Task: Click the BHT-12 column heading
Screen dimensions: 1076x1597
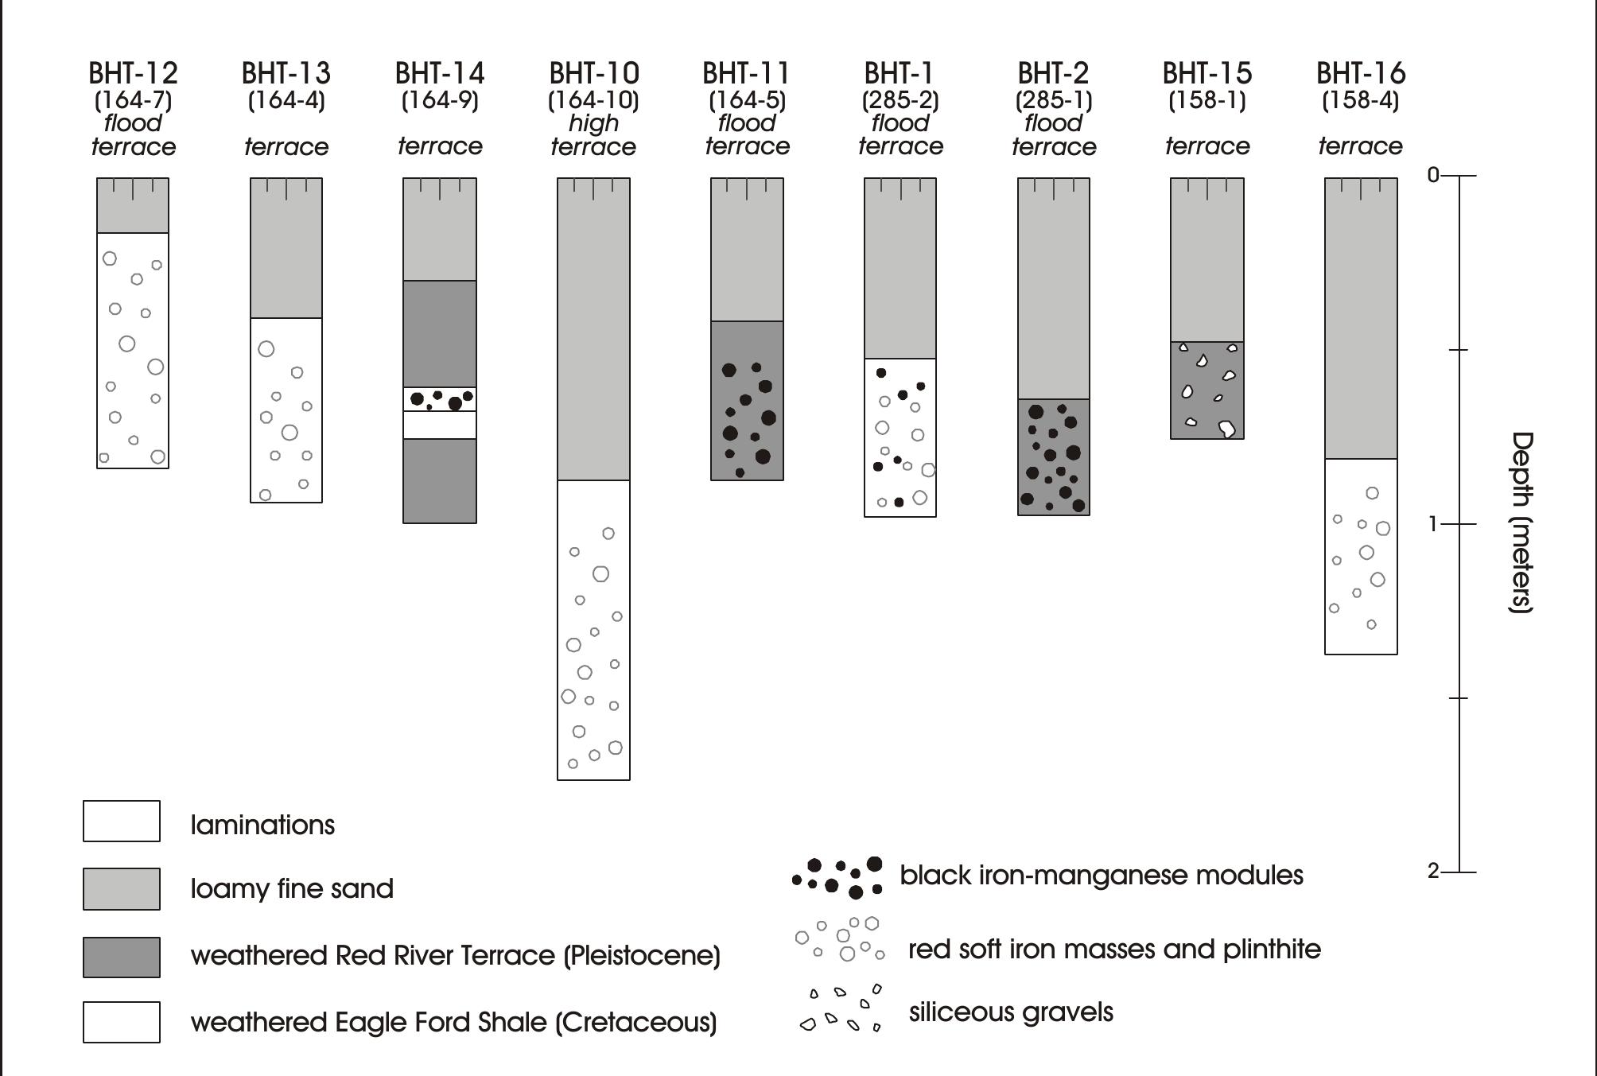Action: pyautogui.click(x=133, y=74)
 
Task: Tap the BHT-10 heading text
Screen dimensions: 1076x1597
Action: pyautogui.click(x=593, y=74)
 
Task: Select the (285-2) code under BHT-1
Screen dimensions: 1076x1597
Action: pyautogui.click(x=900, y=100)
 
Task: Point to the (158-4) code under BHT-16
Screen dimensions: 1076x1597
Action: pyautogui.click(x=1360, y=100)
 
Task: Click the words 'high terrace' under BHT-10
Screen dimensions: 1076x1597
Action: pyautogui.click(x=593, y=135)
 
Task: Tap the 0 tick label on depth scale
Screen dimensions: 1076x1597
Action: pyautogui.click(x=1433, y=175)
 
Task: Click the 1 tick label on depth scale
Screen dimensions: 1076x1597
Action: pyautogui.click(x=1433, y=524)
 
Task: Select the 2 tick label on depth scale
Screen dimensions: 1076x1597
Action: pyautogui.click(x=1433, y=872)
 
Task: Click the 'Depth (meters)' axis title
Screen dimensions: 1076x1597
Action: pyautogui.click(x=1521, y=522)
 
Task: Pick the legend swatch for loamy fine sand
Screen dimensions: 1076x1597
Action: pyautogui.click(x=122, y=888)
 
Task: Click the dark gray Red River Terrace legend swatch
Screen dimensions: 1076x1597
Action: pyautogui.click(x=122, y=956)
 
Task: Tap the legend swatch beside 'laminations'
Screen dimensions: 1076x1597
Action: pyautogui.click(x=122, y=821)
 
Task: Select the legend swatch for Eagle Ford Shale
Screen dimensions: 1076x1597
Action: pyautogui.click(x=122, y=1022)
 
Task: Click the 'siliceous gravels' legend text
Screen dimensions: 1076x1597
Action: pyautogui.click(x=1011, y=1012)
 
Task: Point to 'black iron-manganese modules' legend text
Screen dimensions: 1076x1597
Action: pyautogui.click(x=1101, y=876)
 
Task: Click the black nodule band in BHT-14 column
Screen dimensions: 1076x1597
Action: pyautogui.click(x=440, y=399)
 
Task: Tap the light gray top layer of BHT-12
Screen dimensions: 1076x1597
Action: pyautogui.click(x=133, y=206)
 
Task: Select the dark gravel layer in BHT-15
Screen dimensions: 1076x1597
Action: pyautogui.click(x=1207, y=390)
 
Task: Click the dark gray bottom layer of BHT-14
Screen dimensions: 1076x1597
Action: pyautogui.click(x=440, y=481)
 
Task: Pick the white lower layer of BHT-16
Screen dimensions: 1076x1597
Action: pyautogui.click(x=1361, y=557)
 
